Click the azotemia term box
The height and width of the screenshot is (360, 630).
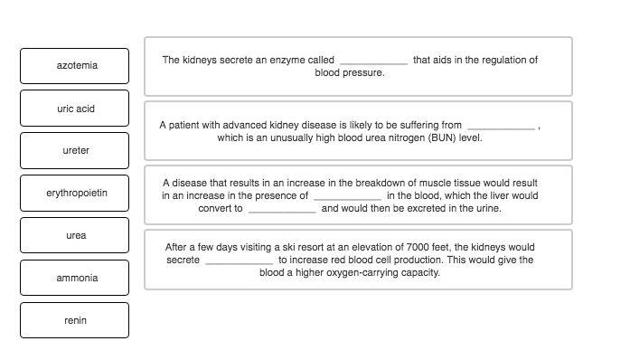(x=76, y=66)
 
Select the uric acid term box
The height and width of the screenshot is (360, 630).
(x=76, y=109)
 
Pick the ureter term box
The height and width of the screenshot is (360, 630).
(x=76, y=150)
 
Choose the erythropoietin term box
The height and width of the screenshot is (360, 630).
(x=76, y=193)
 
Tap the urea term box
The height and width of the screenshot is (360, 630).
(x=76, y=235)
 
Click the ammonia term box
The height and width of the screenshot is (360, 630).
(x=76, y=278)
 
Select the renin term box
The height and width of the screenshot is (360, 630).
(x=76, y=320)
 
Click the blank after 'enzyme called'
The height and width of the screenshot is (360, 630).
(x=372, y=62)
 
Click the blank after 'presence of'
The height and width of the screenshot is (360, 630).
(x=346, y=196)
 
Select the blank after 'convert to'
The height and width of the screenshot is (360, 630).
(x=281, y=209)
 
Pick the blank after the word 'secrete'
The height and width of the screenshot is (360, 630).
(x=239, y=261)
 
